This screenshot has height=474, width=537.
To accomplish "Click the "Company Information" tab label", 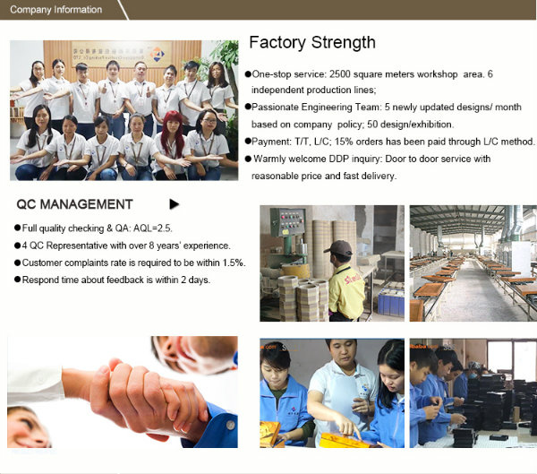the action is (55, 10).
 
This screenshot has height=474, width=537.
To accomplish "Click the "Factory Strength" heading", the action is (312, 43).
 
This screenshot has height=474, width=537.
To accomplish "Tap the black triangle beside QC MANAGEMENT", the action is (174, 204).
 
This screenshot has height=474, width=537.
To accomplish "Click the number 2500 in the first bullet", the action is (340, 74).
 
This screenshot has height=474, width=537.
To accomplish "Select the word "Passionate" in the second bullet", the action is (275, 107).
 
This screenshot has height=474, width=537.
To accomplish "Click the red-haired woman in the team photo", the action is (172, 144).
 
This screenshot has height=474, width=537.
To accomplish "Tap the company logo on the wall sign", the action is (157, 54).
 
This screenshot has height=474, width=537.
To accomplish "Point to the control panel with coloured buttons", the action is (287, 222).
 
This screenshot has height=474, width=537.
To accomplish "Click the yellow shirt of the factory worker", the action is (345, 289).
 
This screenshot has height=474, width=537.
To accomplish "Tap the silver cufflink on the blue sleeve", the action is (231, 426).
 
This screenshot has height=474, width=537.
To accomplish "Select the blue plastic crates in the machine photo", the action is (391, 302).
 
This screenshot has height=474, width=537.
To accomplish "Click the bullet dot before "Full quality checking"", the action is (18, 228).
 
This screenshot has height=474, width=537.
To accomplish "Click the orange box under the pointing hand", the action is (343, 440).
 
